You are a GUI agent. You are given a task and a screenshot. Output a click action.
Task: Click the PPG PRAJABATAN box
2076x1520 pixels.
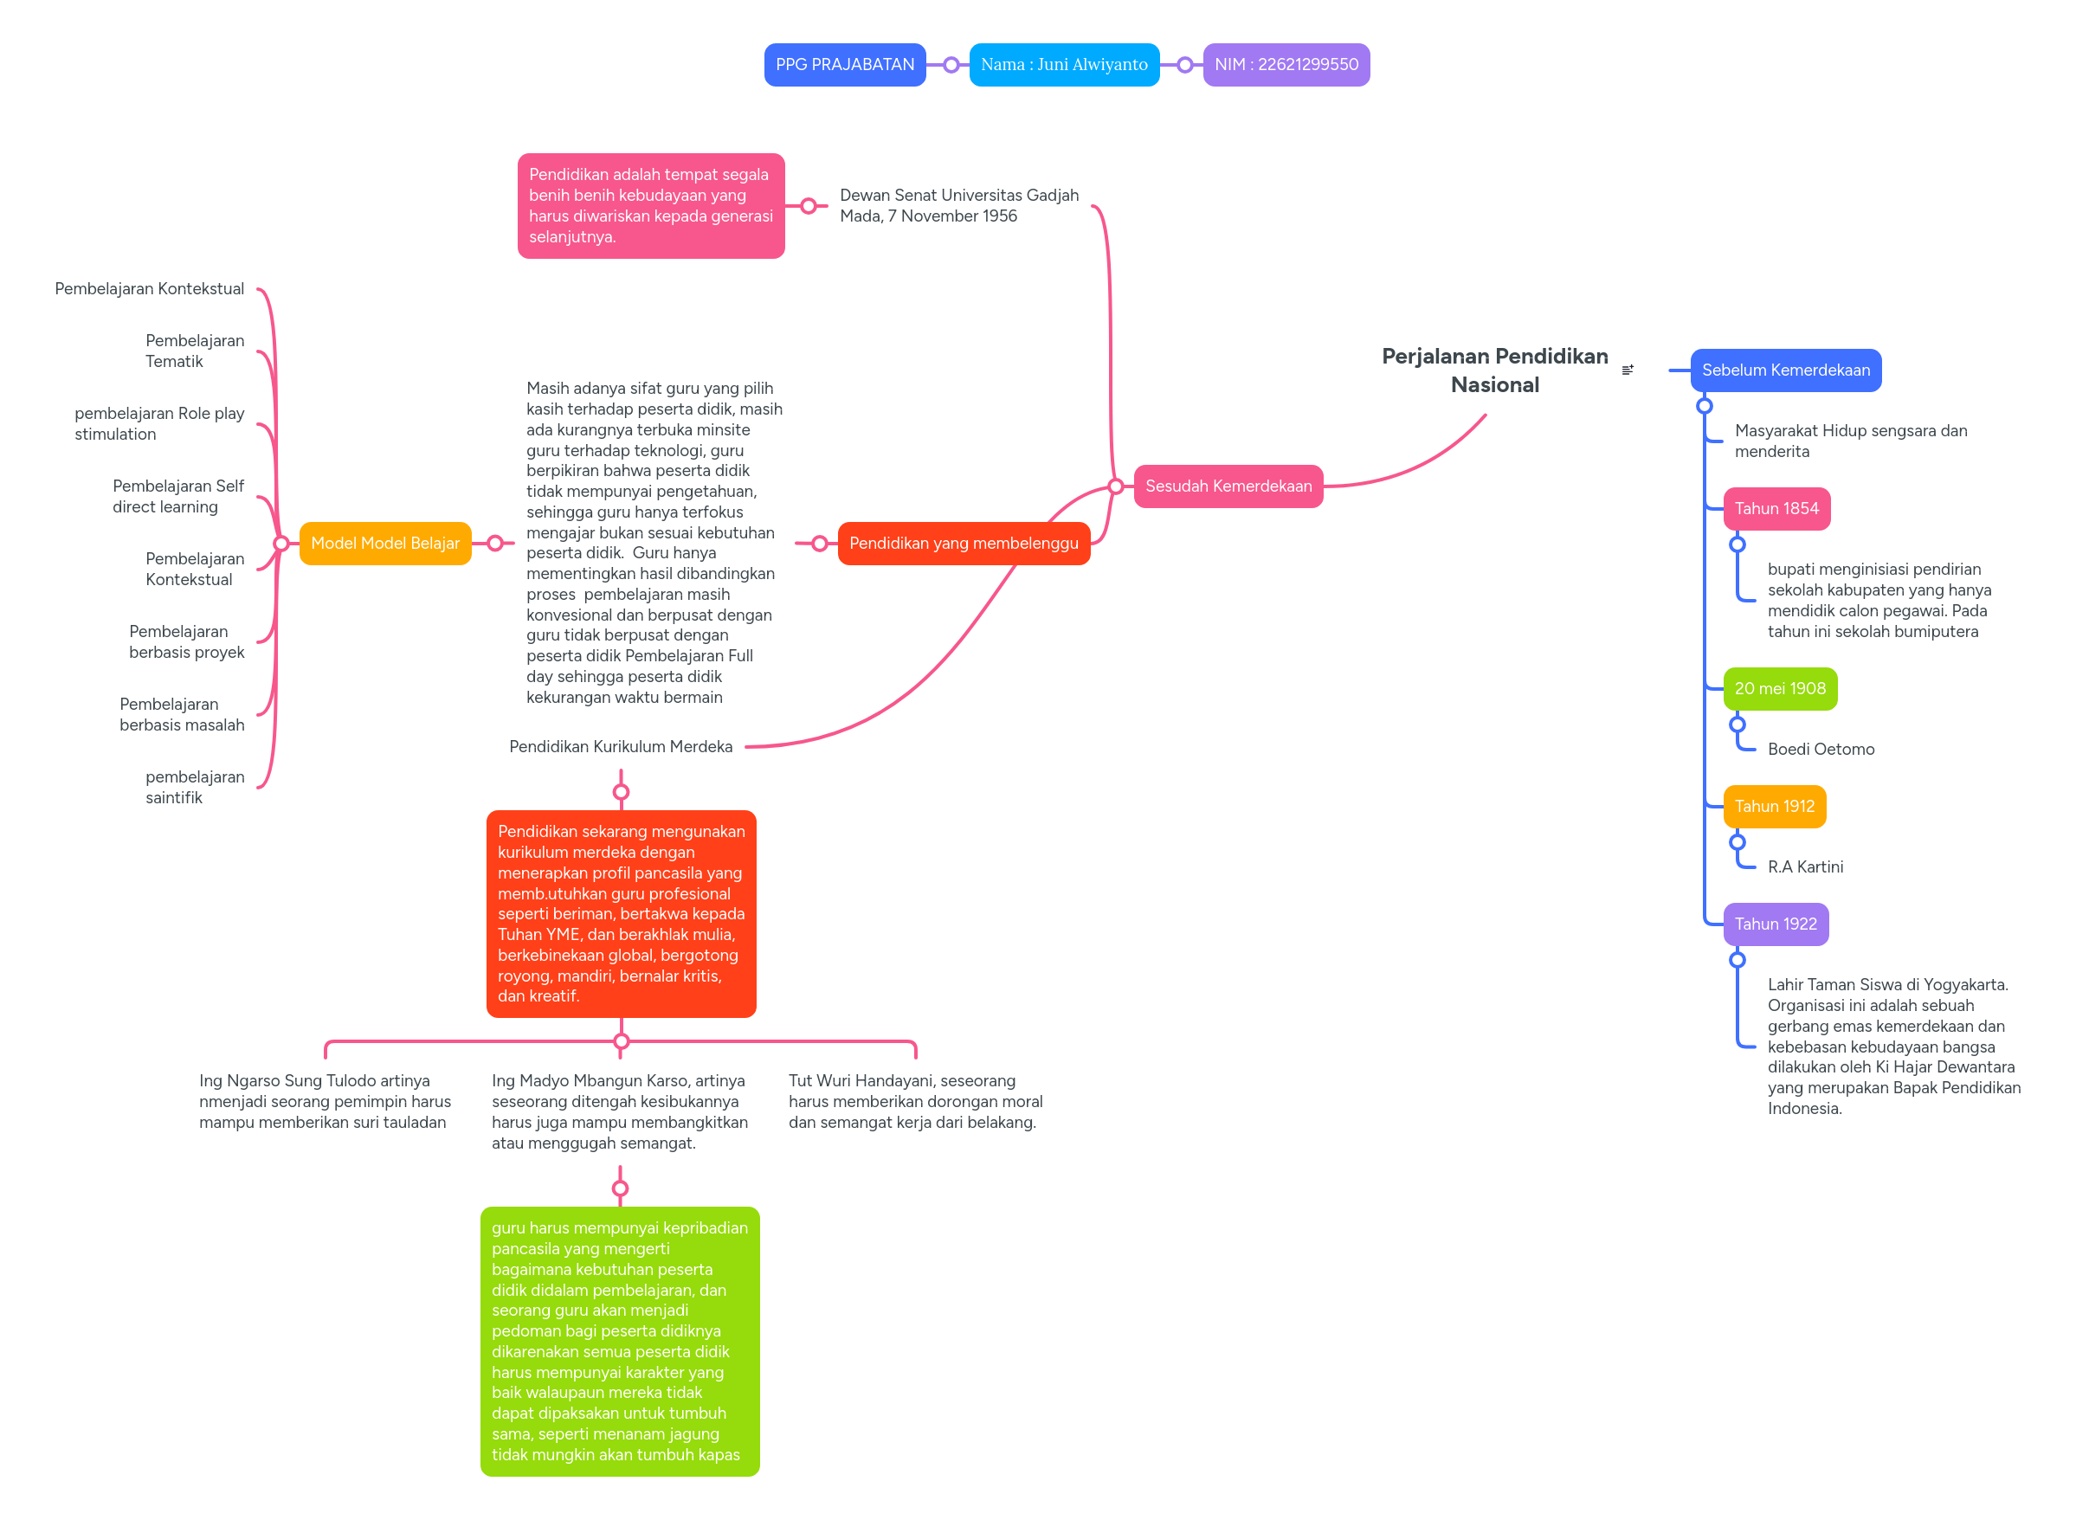pos(844,64)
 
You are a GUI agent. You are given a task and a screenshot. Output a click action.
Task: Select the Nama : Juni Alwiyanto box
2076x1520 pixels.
pos(1063,64)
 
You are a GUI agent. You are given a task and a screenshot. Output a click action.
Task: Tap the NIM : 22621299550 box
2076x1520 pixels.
pos(1285,64)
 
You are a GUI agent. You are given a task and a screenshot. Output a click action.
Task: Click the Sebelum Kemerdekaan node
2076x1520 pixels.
pos(1784,370)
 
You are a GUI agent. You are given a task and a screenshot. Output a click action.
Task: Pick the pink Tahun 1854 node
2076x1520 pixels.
pos(1775,508)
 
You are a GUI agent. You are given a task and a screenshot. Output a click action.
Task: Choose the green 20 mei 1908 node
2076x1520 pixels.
pos(1779,688)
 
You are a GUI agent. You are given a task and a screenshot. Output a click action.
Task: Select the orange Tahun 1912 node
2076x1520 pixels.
pos(1773,806)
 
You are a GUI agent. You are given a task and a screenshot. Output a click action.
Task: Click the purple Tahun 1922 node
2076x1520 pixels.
pos(1774,924)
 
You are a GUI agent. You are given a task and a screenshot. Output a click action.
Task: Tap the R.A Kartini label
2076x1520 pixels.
pos(1803,866)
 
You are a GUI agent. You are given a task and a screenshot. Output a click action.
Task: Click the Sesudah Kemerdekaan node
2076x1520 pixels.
pos(1228,486)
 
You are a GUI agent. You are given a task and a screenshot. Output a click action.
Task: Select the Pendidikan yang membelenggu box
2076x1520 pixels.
pos(963,543)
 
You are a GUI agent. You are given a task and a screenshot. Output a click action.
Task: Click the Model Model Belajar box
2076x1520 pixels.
pos(384,543)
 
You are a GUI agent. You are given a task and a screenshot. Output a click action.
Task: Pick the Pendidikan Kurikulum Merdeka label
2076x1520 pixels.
pos(620,746)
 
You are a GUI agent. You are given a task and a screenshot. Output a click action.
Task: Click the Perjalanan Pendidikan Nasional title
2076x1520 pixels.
pos(1493,370)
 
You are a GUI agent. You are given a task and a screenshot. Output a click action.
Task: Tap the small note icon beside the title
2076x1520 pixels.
pos(1627,370)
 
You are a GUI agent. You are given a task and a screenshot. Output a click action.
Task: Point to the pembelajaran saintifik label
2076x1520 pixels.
pos(194,787)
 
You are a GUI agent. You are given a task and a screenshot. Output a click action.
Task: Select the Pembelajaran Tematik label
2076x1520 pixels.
pos(194,351)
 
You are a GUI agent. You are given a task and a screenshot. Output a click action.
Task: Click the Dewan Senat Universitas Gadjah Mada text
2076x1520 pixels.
pos(958,205)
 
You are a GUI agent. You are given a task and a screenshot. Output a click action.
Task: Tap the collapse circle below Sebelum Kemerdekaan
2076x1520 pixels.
pos(1704,406)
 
